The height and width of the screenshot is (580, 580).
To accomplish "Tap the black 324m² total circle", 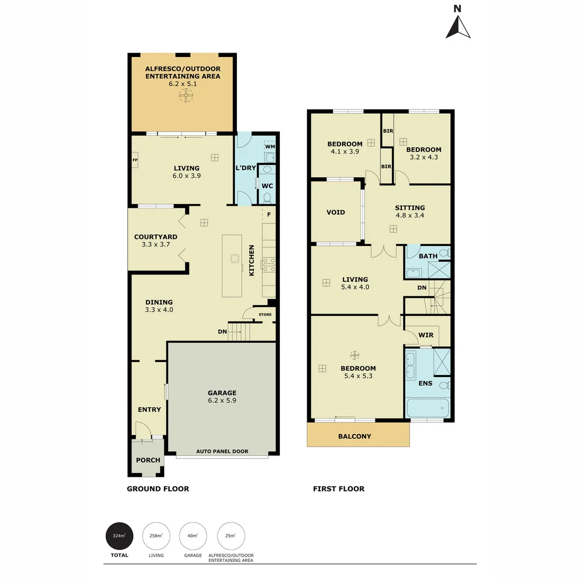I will (x=119, y=535).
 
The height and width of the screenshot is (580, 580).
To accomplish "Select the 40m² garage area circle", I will (x=193, y=535).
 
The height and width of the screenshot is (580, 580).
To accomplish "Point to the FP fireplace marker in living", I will (x=135, y=160).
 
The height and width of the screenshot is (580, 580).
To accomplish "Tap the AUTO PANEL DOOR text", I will (x=222, y=451).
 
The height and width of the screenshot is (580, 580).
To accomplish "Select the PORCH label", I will (x=148, y=460).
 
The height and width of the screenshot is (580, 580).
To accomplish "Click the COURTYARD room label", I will (x=156, y=237).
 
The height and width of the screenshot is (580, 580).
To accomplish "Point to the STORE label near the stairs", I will (x=265, y=315).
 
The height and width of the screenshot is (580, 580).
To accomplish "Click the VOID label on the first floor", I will (x=336, y=212).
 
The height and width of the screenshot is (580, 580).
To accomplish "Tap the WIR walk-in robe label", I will (x=426, y=335).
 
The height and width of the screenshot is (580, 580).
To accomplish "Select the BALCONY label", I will (x=354, y=436).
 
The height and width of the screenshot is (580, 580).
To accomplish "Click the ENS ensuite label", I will (x=425, y=383).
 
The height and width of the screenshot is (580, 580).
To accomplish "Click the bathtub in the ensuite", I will (x=427, y=408).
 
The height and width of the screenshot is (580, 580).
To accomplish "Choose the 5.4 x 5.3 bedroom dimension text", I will (x=358, y=376).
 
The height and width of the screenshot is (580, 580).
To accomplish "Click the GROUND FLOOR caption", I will (x=158, y=489).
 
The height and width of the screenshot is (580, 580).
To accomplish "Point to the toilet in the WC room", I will (x=267, y=197).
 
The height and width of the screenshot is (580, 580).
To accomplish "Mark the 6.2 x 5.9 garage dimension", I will (x=222, y=400).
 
